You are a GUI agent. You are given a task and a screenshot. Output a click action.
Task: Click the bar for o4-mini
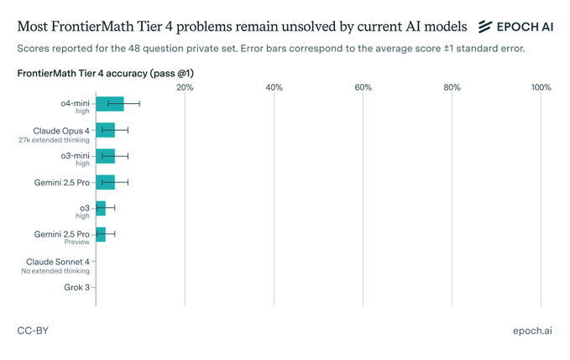[x=109, y=104]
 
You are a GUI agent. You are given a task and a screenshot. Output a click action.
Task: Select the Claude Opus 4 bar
[x=105, y=130]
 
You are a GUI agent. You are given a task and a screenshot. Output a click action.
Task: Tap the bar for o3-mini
[x=105, y=156]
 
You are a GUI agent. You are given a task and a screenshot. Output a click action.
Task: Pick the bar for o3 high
[x=101, y=208]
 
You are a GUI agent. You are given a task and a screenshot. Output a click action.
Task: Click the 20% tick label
[x=185, y=87]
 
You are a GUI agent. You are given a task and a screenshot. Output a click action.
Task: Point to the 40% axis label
[x=274, y=87]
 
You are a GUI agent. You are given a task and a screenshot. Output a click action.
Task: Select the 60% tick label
[x=363, y=87]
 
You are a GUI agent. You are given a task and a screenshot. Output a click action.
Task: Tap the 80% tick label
[x=452, y=87]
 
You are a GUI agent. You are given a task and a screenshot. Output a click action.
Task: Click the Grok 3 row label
[x=76, y=287]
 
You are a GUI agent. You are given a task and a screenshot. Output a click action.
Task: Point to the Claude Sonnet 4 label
[x=58, y=262]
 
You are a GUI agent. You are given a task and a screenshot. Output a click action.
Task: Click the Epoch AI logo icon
[x=485, y=27]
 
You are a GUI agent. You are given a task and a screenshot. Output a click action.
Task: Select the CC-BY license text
[x=33, y=331]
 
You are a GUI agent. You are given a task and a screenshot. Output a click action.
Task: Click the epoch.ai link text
[x=532, y=331]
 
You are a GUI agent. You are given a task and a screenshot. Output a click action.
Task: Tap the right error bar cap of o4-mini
[x=139, y=104]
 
